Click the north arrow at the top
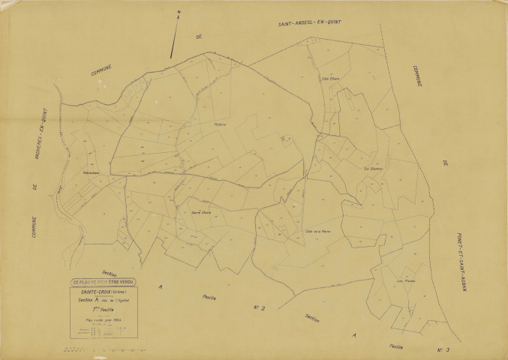175,34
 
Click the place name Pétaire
219,124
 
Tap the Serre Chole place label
201,213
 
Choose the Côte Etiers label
330,78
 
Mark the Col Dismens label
373,169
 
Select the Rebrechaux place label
92,174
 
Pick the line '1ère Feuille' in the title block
101,308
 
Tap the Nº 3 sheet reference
443,350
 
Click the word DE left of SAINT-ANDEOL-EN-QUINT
199,36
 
